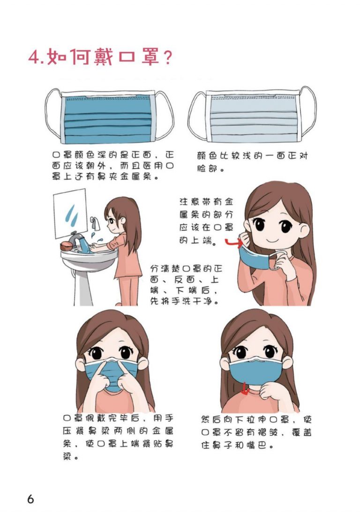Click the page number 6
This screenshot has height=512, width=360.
(x=30, y=499)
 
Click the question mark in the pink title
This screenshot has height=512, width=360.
(x=167, y=57)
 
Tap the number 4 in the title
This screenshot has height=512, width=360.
(x=34, y=58)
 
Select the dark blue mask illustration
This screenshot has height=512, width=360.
(x=109, y=115)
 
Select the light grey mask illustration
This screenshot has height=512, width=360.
(x=252, y=115)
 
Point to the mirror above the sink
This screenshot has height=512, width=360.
(x=70, y=213)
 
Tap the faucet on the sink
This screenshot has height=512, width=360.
(x=76, y=238)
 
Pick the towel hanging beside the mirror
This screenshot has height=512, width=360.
(x=95, y=223)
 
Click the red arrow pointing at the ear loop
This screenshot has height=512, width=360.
(x=234, y=242)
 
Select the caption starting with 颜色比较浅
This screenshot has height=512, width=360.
(x=252, y=162)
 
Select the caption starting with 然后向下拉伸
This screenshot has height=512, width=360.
(x=256, y=432)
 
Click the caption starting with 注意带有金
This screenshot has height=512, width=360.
(x=206, y=221)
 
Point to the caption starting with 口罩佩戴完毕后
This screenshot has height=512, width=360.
(x=118, y=437)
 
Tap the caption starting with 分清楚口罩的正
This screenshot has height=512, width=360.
(x=186, y=285)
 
